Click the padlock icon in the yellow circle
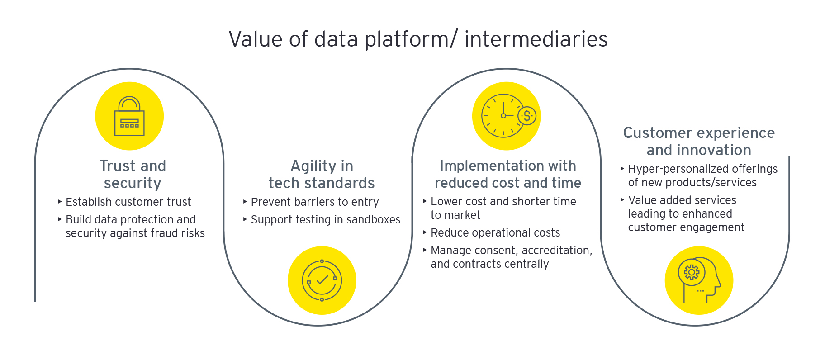tap(129, 116)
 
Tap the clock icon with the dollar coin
tap(507, 116)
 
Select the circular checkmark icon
tap(322, 280)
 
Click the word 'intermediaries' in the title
tap(536, 39)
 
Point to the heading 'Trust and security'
tap(133, 174)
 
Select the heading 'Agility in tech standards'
tap(322, 174)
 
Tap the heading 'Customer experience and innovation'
tap(699, 141)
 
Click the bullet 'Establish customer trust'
tap(128, 202)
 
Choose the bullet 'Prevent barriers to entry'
tap(314, 202)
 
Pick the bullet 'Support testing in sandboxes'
tap(325, 219)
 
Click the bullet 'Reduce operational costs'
tap(495, 232)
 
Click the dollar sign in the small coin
tap(527, 116)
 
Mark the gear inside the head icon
tap(691, 272)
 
